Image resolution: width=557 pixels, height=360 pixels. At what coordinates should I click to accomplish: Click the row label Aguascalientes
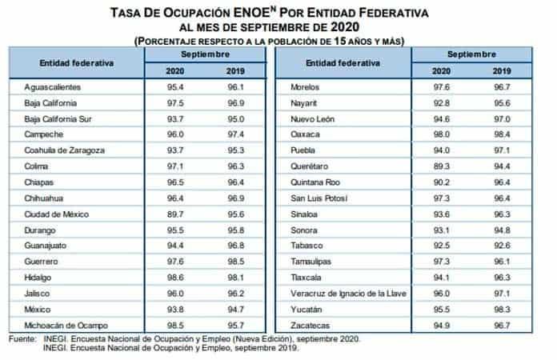pos(52,86)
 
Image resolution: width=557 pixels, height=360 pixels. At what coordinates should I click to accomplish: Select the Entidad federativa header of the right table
pos(337,62)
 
